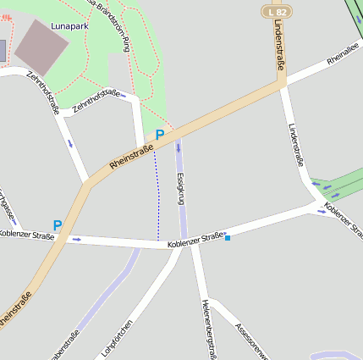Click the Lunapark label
[69, 26]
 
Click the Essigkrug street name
[180, 188]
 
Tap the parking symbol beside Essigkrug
[159, 135]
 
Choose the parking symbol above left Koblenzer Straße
[58, 225]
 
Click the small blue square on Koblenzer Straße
[228, 238]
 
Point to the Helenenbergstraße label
[210, 329]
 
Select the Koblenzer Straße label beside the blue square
[195, 241]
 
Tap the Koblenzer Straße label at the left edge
[25, 234]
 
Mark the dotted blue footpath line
[157, 195]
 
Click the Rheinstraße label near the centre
[131, 156]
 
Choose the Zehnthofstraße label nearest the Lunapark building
[41, 93]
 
